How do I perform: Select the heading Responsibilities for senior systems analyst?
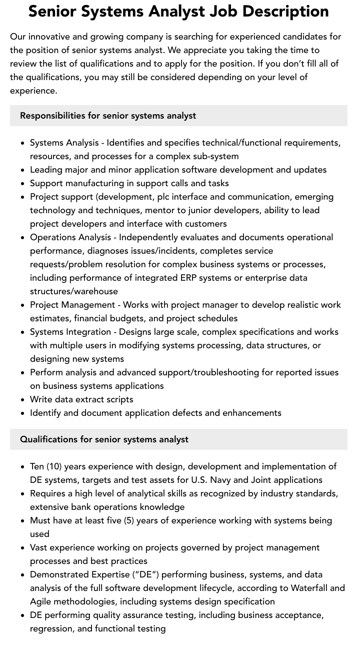pos(108,116)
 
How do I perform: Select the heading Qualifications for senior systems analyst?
pos(104,439)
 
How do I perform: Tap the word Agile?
pos(41,601)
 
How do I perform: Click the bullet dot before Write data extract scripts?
pos(23,400)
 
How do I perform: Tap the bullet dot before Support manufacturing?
pos(23,184)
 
